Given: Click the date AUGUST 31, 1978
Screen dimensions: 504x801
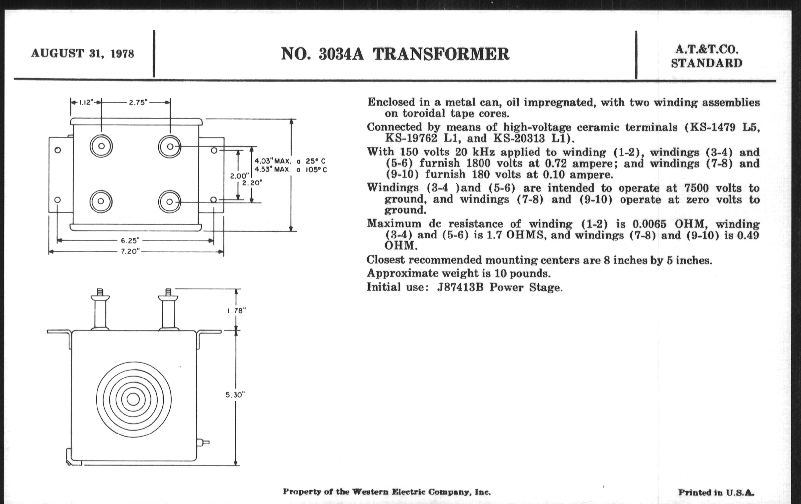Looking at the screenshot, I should (82, 54).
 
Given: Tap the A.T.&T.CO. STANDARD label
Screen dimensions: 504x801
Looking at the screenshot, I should (706, 56).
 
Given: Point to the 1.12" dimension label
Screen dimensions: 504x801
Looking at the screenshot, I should (86, 102).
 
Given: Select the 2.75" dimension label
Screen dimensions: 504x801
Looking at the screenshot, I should (138, 102).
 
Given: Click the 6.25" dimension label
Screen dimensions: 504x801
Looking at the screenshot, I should (130, 240).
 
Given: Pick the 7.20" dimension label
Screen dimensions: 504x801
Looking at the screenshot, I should (130, 251).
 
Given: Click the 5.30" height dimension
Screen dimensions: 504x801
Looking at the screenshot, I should (235, 395).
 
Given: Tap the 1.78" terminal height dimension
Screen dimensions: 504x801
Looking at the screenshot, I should (236, 310).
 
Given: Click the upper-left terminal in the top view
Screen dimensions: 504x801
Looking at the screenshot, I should (101, 146).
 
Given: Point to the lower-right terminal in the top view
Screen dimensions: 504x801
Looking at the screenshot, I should (169, 202).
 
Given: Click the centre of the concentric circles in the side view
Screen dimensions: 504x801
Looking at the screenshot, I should (133, 399).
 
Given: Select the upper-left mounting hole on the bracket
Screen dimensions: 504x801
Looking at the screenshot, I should (58, 150).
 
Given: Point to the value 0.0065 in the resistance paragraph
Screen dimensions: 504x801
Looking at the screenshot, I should (648, 224).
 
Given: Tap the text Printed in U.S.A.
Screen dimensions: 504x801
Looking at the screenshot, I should (716, 492).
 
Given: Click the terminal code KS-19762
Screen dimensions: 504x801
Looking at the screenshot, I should (411, 138).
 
